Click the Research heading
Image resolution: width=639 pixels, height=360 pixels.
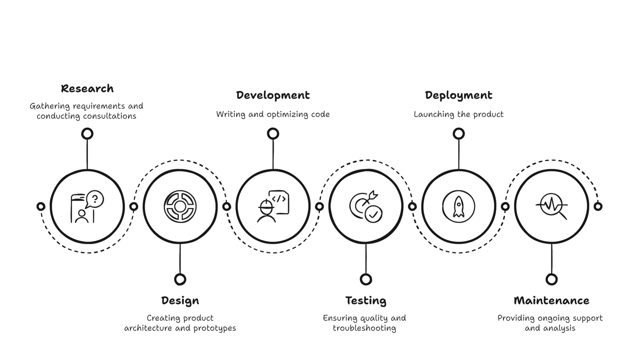87,89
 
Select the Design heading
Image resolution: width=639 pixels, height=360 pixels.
180,301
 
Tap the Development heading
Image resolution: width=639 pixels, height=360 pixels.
273,95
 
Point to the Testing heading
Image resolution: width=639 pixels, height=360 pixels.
366,301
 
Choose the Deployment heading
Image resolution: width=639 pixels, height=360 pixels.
458,95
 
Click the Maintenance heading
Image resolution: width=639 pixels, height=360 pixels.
551,301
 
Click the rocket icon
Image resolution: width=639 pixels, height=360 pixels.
458,206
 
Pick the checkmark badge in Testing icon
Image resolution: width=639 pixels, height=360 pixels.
373,215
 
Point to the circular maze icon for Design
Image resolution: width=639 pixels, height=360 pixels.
180,206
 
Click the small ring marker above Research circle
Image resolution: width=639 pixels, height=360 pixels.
87,133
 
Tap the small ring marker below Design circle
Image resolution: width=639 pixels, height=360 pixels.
180,279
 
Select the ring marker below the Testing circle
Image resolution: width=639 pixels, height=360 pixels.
366,279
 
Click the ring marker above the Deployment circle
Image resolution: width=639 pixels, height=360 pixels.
458,133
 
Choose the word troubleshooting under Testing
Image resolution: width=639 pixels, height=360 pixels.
364,328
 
